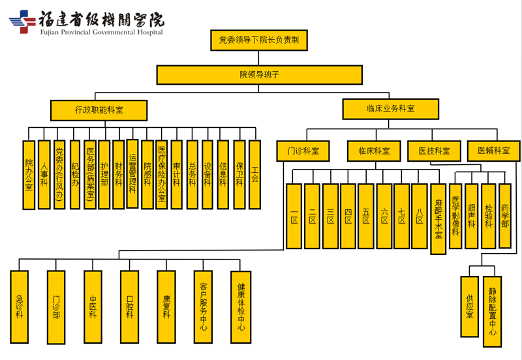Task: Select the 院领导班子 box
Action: click(x=259, y=75)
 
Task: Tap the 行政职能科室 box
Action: click(x=99, y=110)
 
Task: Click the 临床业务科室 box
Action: click(x=391, y=109)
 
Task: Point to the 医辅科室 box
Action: click(x=493, y=151)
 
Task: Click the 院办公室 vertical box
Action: click(x=29, y=175)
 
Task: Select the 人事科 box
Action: click(x=44, y=174)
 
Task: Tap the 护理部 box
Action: click(x=104, y=174)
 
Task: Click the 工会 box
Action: click(x=254, y=173)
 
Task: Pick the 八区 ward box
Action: click(x=420, y=216)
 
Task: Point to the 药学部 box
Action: click(x=504, y=215)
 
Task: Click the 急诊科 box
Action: click(x=19, y=307)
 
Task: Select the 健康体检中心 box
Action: click(x=241, y=307)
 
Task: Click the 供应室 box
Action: click(x=469, y=307)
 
